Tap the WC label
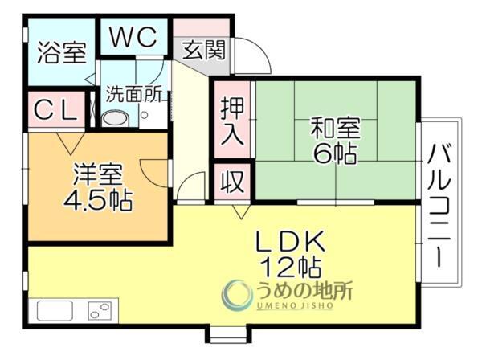pyautogui.click(x=134, y=37)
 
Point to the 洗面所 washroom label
pyautogui.click(x=137, y=93)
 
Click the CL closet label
pyautogui.click(x=54, y=112)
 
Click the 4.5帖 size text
pyautogui.click(x=98, y=198)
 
